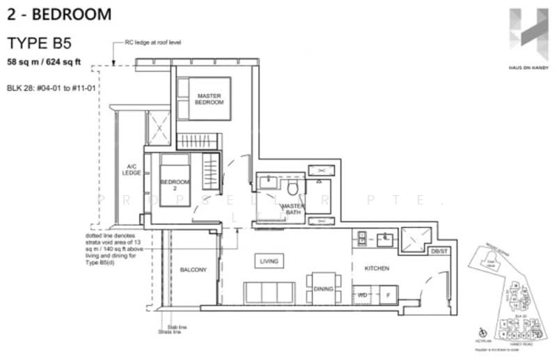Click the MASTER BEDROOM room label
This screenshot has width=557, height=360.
point(210,99)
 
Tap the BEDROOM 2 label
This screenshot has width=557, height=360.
point(175,186)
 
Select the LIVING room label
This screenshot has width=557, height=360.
point(269,261)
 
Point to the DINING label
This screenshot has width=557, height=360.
point(323,289)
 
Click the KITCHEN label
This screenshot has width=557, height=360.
point(376,268)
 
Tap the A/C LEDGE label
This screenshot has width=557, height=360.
point(131,170)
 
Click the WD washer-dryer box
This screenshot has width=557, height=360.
point(363,295)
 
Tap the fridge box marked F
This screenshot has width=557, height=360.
point(386,295)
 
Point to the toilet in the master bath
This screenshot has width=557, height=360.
point(292,188)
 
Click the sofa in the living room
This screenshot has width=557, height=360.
point(269,292)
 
